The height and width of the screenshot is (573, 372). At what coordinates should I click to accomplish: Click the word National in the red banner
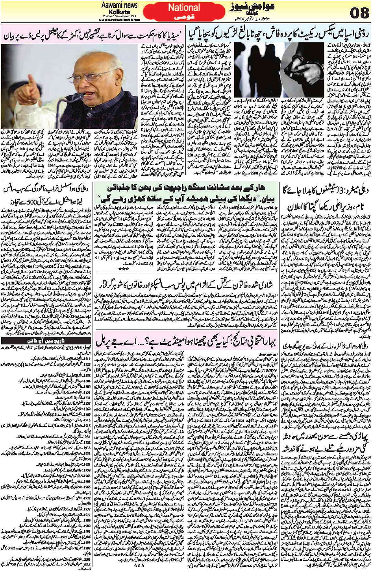coord(184,7)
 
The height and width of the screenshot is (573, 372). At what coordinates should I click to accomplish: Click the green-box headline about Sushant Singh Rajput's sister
coord(187,193)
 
